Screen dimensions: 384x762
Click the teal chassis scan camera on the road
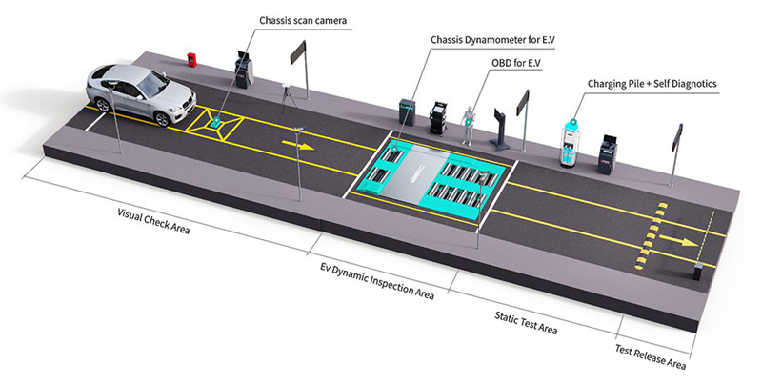click(x=220, y=119)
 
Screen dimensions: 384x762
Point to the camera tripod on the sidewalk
click(x=284, y=95)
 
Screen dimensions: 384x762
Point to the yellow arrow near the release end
click(x=685, y=243)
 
